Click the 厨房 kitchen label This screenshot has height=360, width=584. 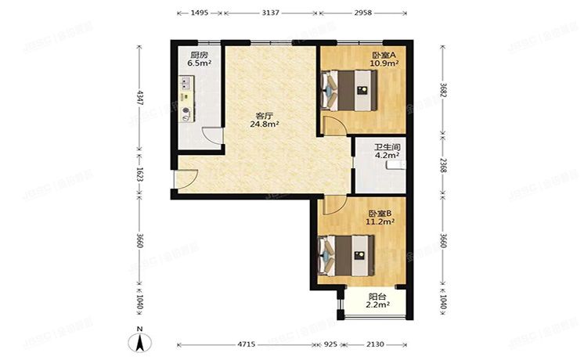(x=199, y=56)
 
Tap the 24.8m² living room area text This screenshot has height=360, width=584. (x=265, y=124)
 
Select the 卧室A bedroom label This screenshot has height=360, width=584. (x=382, y=56)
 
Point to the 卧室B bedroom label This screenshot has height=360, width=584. (x=379, y=212)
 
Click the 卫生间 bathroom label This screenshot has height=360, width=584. (x=388, y=146)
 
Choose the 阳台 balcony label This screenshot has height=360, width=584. (x=378, y=297)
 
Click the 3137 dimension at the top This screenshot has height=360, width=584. (x=270, y=13)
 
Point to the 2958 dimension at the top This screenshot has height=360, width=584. (x=362, y=13)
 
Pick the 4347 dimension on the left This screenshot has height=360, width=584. (x=140, y=98)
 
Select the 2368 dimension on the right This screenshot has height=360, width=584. (x=443, y=165)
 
